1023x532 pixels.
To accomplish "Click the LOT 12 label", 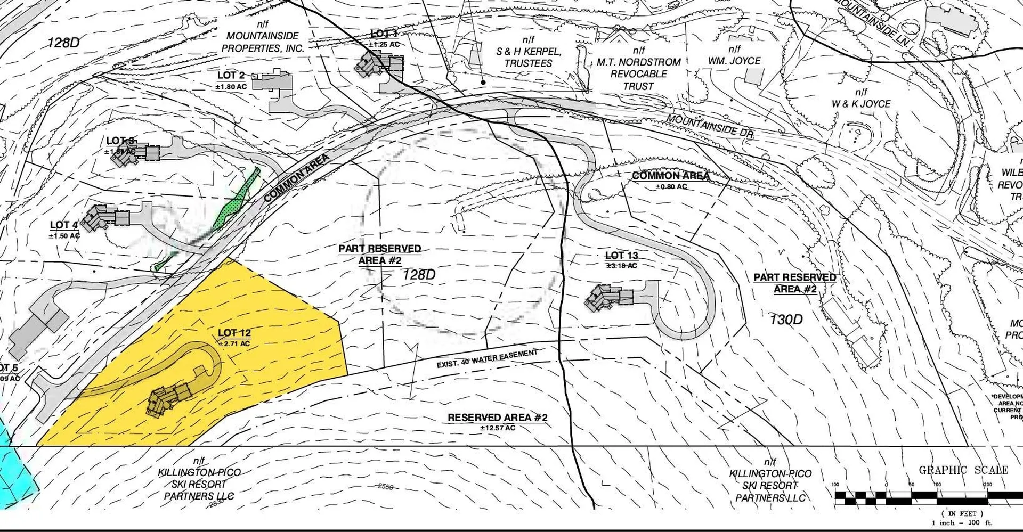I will coord(234,333).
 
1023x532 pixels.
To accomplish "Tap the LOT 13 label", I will coord(621,256).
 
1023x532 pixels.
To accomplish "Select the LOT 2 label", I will coord(231,76).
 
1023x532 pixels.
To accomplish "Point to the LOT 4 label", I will coord(64,225).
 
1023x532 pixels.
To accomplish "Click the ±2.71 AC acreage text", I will coord(234,344).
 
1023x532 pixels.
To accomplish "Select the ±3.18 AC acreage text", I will coord(621,266).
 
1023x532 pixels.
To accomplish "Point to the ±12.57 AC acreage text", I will coord(497,428).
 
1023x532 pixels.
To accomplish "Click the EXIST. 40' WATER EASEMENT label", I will coord(487,359).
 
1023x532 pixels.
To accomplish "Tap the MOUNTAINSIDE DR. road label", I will coord(710,127).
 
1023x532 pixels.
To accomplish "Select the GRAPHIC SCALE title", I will coord(963,470).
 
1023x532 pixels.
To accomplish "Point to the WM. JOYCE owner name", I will coord(734,61).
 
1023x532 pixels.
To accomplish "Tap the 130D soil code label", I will coord(786,320).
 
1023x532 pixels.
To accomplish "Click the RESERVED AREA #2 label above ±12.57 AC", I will coord(497,418).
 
